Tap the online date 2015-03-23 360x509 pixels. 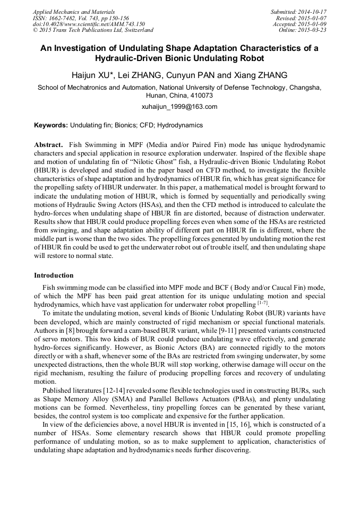click(x=313, y=31)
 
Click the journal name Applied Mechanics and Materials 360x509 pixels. click(x=74, y=12)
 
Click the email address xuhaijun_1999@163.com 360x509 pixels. click(x=179, y=107)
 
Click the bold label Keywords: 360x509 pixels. click(x=51, y=126)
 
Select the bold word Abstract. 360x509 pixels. click(x=48, y=144)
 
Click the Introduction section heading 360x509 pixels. click(x=54, y=275)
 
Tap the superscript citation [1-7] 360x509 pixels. click(x=262, y=303)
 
